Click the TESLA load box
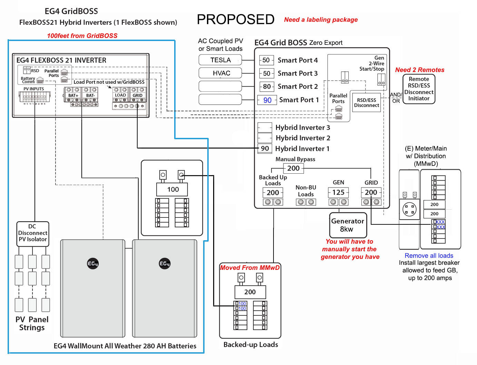(x=220, y=60)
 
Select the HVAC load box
(x=220, y=73)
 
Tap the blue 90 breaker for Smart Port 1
(x=267, y=100)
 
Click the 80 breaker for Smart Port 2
(x=267, y=87)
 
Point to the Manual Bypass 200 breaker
(x=293, y=168)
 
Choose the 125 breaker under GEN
(x=338, y=192)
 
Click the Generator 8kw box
(x=348, y=225)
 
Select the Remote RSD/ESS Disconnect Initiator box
(x=419, y=89)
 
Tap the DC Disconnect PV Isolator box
(x=33, y=233)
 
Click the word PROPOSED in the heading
(x=236, y=19)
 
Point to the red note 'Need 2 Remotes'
(x=419, y=70)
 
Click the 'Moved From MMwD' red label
(x=250, y=268)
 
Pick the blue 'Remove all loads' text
(x=429, y=255)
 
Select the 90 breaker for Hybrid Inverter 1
(x=265, y=149)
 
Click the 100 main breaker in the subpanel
(x=172, y=189)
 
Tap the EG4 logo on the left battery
(x=93, y=264)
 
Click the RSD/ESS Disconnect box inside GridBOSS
(x=366, y=103)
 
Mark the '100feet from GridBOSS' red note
(x=82, y=36)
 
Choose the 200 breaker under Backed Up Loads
(x=272, y=193)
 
